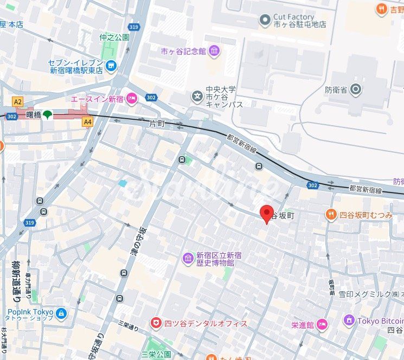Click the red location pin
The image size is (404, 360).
click(x=266, y=213)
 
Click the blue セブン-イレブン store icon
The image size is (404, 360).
click(x=111, y=67)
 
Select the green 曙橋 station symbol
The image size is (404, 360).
click(x=48, y=114)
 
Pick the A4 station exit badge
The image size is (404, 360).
click(x=87, y=123)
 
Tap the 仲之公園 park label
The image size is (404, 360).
click(x=114, y=37)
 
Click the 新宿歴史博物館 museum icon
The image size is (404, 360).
click(x=188, y=256)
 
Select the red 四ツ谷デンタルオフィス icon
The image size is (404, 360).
click(x=156, y=323)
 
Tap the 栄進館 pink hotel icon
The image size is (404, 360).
click(x=323, y=325)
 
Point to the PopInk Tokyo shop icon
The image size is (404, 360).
click(x=60, y=313)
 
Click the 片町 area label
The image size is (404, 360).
click(x=156, y=124)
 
